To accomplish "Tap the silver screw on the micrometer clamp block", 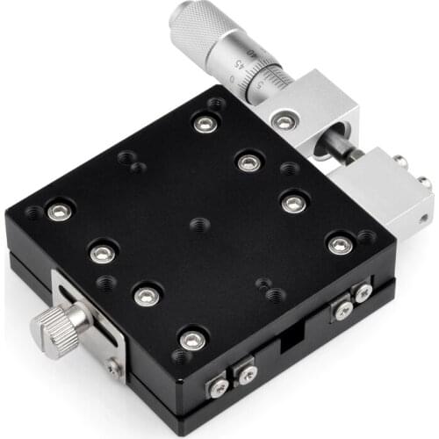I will [282, 122].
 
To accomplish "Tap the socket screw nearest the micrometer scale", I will [205, 124].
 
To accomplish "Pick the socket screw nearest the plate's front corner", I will [192, 339].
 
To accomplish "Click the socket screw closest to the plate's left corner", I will [60, 211].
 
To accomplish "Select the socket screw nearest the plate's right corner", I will [340, 245].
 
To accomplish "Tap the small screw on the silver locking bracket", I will [114, 368].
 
